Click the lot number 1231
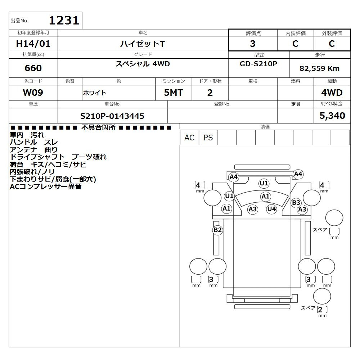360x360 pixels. (x=64, y=20)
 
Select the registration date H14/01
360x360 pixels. (x=33, y=44)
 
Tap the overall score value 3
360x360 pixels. (x=253, y=44)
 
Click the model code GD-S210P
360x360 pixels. (x=258, y=64)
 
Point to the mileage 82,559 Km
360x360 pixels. (x=319, y=68)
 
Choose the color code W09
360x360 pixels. (x=33, y=93)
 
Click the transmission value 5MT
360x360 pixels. (x=174, y=93)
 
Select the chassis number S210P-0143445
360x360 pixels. (x=112, y=116)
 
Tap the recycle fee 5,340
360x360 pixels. (x=332, y=116)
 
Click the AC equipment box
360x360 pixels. (x=189, y=138)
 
